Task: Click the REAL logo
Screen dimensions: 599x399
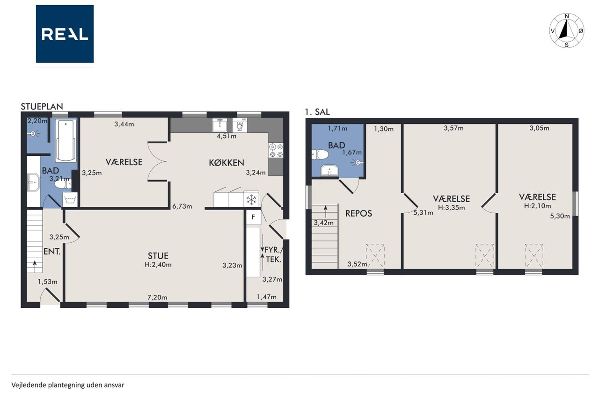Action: [x=65, y=34]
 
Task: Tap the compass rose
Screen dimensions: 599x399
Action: [x=567, y=30]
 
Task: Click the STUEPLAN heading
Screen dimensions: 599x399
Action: [x=42, y=106]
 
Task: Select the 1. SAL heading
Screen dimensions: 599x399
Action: [x=317, y=112]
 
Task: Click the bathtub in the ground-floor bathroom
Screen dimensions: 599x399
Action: [x=66, y=141]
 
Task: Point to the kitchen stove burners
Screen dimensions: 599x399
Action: [x=276, y=150]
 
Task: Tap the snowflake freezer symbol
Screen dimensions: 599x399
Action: [x=251, y=199]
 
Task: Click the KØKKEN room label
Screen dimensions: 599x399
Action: [x=226, y=162]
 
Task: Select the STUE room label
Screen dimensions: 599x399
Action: [x=158, y=256]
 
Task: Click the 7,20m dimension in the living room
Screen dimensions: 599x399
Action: [x=157, y=297]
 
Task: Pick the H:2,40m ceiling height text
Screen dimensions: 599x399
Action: [x=158, y=265]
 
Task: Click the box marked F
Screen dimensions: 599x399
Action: [x=253, y=217]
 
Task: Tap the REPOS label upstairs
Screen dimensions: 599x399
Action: [x=358, y=213]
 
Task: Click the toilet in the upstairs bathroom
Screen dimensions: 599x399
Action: [x=320, y=154]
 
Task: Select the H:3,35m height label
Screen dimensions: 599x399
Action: [x=452, y=207]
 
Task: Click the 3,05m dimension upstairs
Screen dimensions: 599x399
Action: [x=540, y=128]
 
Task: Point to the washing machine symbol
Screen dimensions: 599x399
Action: [x=70, y=199]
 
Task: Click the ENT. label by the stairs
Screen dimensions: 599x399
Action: [x=52, y=252]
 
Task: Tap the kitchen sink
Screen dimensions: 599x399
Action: [x=220, y=125]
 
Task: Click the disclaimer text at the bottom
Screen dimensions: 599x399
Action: [x=68, y=385]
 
